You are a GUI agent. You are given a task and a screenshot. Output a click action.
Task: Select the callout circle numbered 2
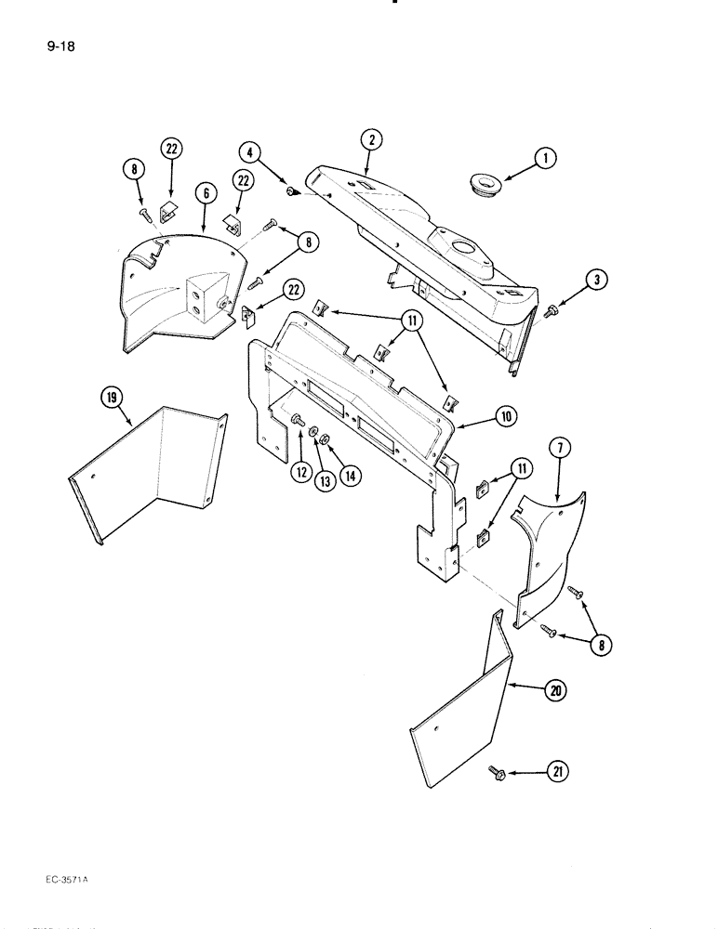coord(371,141)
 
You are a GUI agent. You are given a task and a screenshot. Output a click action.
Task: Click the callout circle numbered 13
coord(324,481)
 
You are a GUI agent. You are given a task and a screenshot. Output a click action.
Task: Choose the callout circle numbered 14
coord(351,474)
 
